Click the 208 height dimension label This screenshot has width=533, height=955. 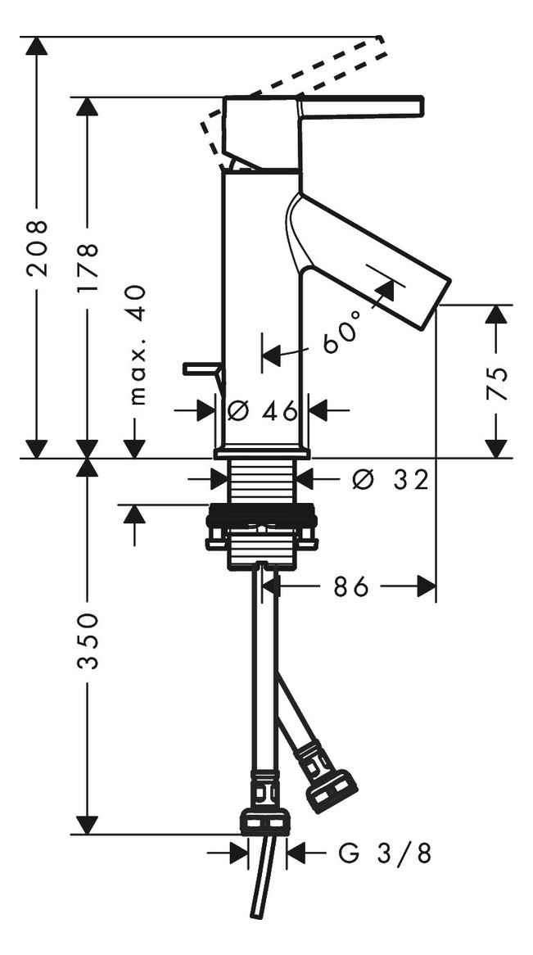coord(38,248)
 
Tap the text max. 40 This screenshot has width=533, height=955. coord(138,345)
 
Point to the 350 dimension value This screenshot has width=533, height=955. coord(88,641)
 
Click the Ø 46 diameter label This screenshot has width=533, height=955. coord(262,410)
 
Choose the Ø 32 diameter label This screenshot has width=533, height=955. coord(390,481)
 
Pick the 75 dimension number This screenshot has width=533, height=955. coord(497,383)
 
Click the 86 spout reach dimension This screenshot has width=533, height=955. coord(351,587)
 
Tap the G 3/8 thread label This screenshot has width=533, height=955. coord(385,853)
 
